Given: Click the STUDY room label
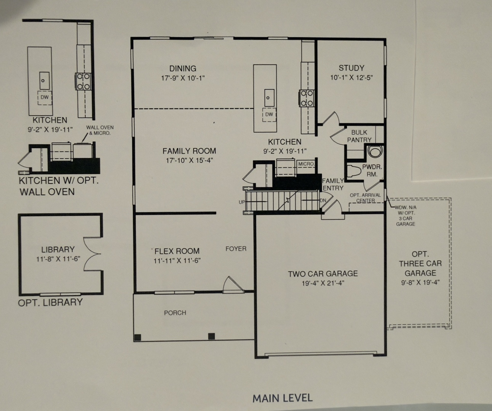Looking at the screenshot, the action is [x=351, y=68].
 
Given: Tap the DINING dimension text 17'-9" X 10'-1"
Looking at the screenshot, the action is [x=183, y=78].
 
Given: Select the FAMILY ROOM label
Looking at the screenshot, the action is [x=189, y=151].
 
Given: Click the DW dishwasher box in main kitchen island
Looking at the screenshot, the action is [x=269, y=115].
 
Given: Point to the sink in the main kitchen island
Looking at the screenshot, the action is [x=269, y=97].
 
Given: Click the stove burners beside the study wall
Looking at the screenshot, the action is [x=307, y=98].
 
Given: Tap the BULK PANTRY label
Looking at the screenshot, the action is [x=359, y=136].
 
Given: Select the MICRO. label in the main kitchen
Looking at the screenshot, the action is [x=306, y=164].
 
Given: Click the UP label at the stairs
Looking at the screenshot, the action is [x=242, y=202].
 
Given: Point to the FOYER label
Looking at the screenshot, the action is [x=236, y=249].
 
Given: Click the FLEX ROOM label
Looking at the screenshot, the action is [x=177, y=251].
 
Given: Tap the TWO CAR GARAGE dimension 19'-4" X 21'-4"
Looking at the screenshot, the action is [x=323, y=283].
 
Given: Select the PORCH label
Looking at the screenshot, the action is [x=175, y=313].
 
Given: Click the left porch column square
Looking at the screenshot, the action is [x=137, y=337].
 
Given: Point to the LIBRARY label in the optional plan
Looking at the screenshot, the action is [x=58, y=249].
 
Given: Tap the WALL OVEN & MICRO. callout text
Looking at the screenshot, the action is [x=100, y=130].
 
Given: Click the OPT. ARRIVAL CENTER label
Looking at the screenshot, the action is [x=365, y=198].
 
